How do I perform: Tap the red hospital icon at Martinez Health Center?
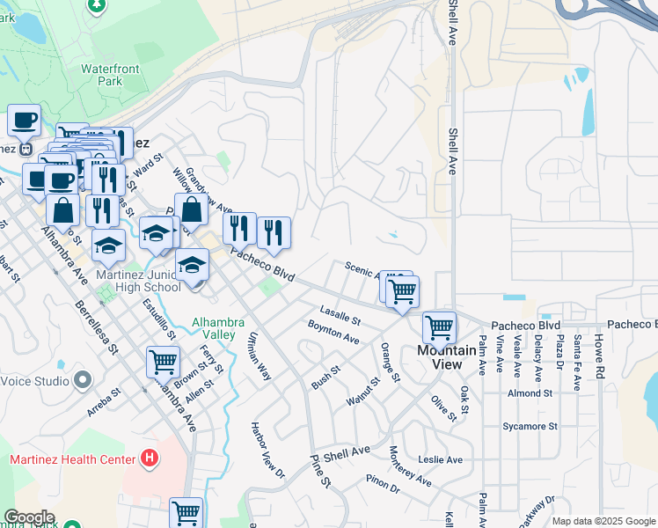150,459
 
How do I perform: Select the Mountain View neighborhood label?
446,357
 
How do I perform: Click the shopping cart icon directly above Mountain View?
439,327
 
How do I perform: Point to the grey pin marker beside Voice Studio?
83,380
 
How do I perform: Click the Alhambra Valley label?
215,328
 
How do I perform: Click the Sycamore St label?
530,427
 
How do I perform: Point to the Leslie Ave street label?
441,459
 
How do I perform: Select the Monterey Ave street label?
410,466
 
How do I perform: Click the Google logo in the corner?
28,517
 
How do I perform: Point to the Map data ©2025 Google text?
603,521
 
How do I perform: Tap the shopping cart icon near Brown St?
164,362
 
